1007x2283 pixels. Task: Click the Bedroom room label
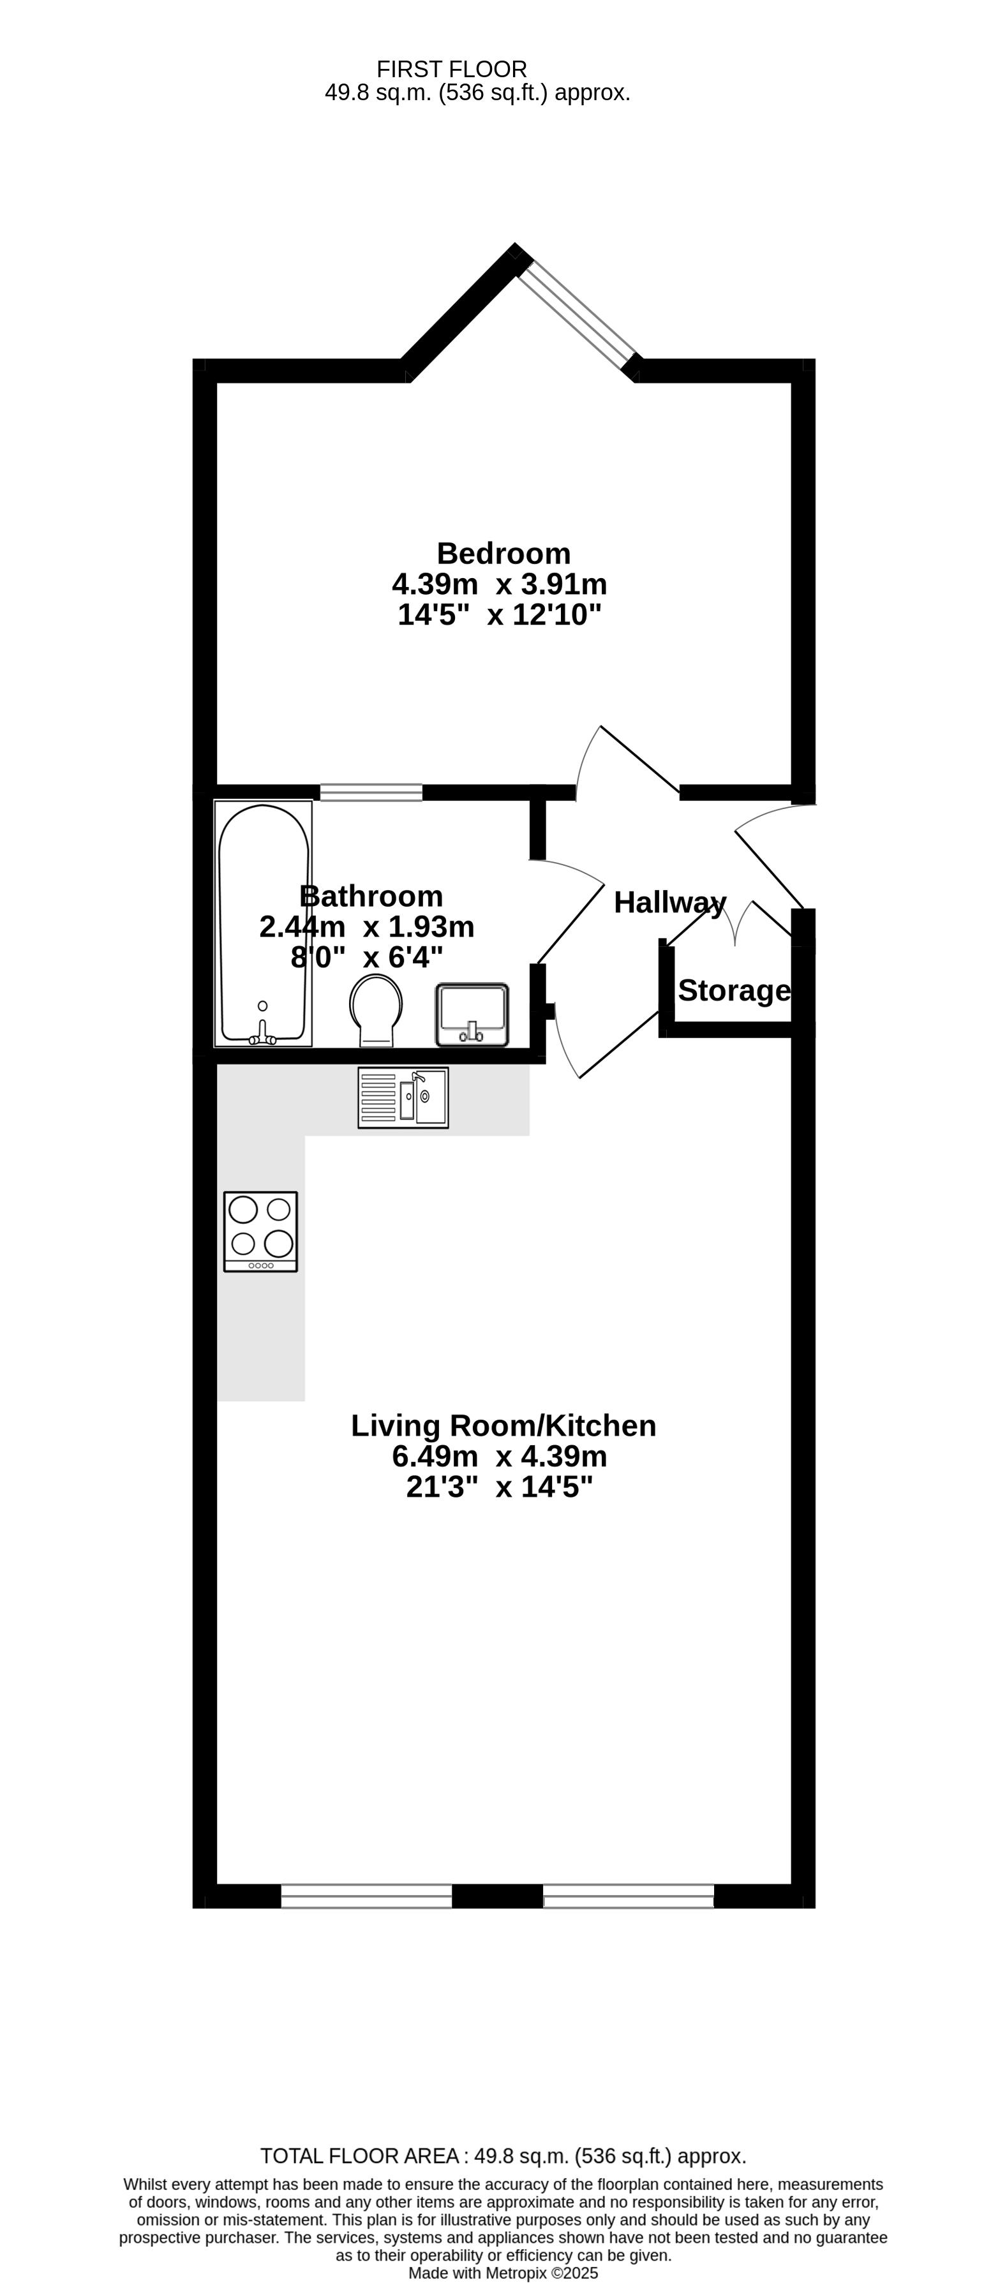(503, 554)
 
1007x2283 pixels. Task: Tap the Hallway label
(670, 903)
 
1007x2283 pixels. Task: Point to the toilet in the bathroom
(376, 1010)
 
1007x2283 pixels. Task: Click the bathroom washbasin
(472, 1014)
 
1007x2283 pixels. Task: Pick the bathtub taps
(262, 1032)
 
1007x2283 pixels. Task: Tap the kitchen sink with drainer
(403, 1097)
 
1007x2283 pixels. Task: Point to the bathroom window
(371, 792)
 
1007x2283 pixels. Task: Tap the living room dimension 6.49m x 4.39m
(499, 1456)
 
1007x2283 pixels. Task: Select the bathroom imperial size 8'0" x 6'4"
(367, 957)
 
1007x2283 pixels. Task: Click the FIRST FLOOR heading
(452, 69)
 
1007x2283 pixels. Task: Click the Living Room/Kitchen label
(503, 1426)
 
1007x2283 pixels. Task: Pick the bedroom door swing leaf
(640, 759)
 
